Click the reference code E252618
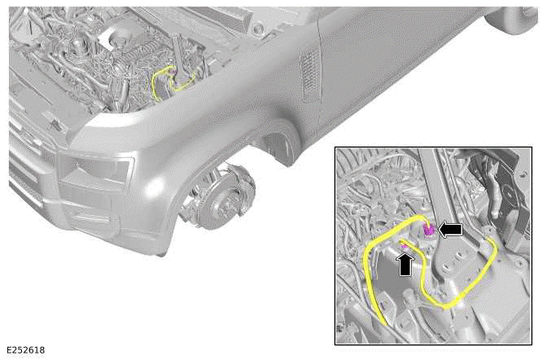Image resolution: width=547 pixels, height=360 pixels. pos(24,350)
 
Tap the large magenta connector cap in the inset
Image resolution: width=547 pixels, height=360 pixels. pos(428,230)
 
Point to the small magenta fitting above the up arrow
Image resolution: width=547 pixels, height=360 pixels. pos(403,244)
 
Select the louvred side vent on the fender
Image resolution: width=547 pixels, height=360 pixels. pos(308,76)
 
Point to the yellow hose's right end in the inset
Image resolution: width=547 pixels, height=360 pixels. pos(489,242)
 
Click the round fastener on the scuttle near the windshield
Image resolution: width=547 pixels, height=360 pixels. pos(258,29)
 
